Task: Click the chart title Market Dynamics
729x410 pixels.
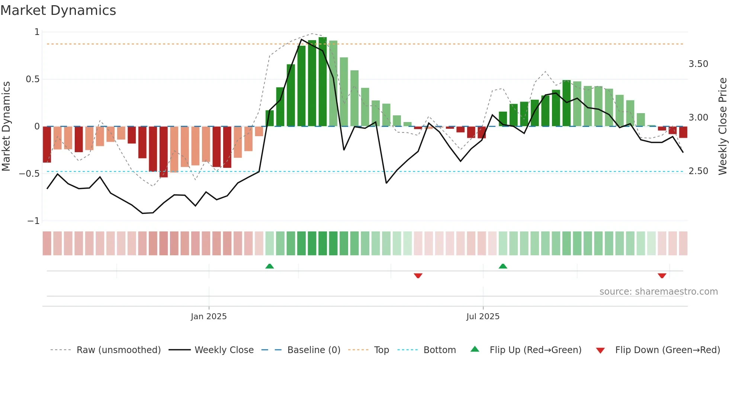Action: coord(58,10)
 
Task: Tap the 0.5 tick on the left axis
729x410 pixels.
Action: coord(32,79)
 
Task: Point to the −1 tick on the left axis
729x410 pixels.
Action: coord(33,221)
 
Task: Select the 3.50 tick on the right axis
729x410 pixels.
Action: coord(698,64)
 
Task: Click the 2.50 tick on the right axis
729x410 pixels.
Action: coord(698,171)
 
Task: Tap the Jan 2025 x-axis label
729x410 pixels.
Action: coord(209,317)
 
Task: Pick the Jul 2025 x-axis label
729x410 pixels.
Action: coord(483,317)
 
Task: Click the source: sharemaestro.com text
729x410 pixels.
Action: coord(658,292)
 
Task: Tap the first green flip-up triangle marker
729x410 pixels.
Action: coord(270,266)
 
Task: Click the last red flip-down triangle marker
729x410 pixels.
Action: coord(662,276)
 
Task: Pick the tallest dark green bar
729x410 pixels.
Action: coord(322,82)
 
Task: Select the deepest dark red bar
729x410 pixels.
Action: coord(164,152)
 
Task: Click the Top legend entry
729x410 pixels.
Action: coord(381,350)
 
